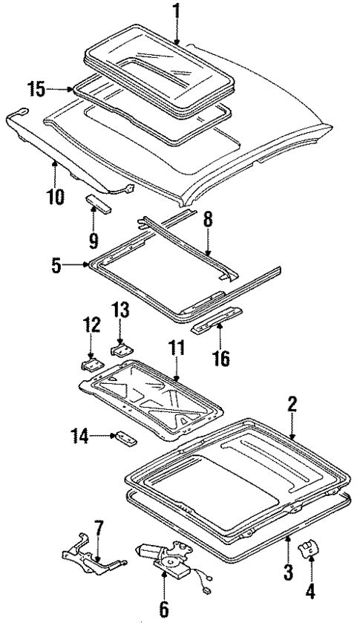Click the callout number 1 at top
pyautogui.click(x=176, y=12)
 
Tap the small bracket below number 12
pyautogui.click(x=91, y=365)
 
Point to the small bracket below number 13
pyautogui.click(x=120, y=346)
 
